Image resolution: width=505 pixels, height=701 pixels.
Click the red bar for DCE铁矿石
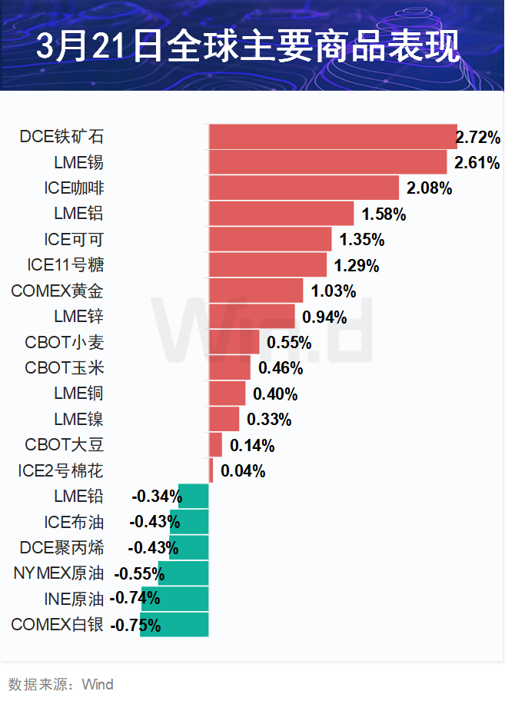click(x=332, y=137)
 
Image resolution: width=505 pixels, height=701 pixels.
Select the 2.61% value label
click(x=477, y=163)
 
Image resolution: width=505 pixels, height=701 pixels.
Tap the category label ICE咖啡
click(x=75, y=188)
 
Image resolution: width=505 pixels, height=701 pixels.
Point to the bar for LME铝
click(x=281, y=214)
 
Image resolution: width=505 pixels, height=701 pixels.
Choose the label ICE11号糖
click(x=65, y=265)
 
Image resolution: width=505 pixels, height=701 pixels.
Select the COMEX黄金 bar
click(x=256, y=291)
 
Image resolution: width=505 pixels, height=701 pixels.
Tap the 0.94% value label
click(x=324, y=317)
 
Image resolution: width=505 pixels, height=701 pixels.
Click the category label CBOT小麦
click(x=64, y=342)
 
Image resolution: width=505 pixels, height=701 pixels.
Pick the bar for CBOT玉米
click(x=230, y=367)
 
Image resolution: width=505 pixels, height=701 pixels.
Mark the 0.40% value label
click(x=274, y=394)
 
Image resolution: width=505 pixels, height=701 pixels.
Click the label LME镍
click(x=78, y=420)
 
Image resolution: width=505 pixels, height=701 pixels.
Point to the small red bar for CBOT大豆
click(x=215, y=445)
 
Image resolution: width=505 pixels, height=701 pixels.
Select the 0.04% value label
click(x=243, y=471)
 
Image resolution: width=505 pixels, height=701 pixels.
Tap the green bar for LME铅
click(x=194, y=497)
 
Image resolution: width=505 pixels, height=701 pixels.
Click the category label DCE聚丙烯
click(x=62, y=548)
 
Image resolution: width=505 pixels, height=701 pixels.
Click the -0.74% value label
click(x=135, y=598)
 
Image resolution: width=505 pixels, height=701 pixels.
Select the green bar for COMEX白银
click(x=174, y=624)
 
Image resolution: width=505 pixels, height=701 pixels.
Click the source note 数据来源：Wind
click(x=61, y=684)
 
